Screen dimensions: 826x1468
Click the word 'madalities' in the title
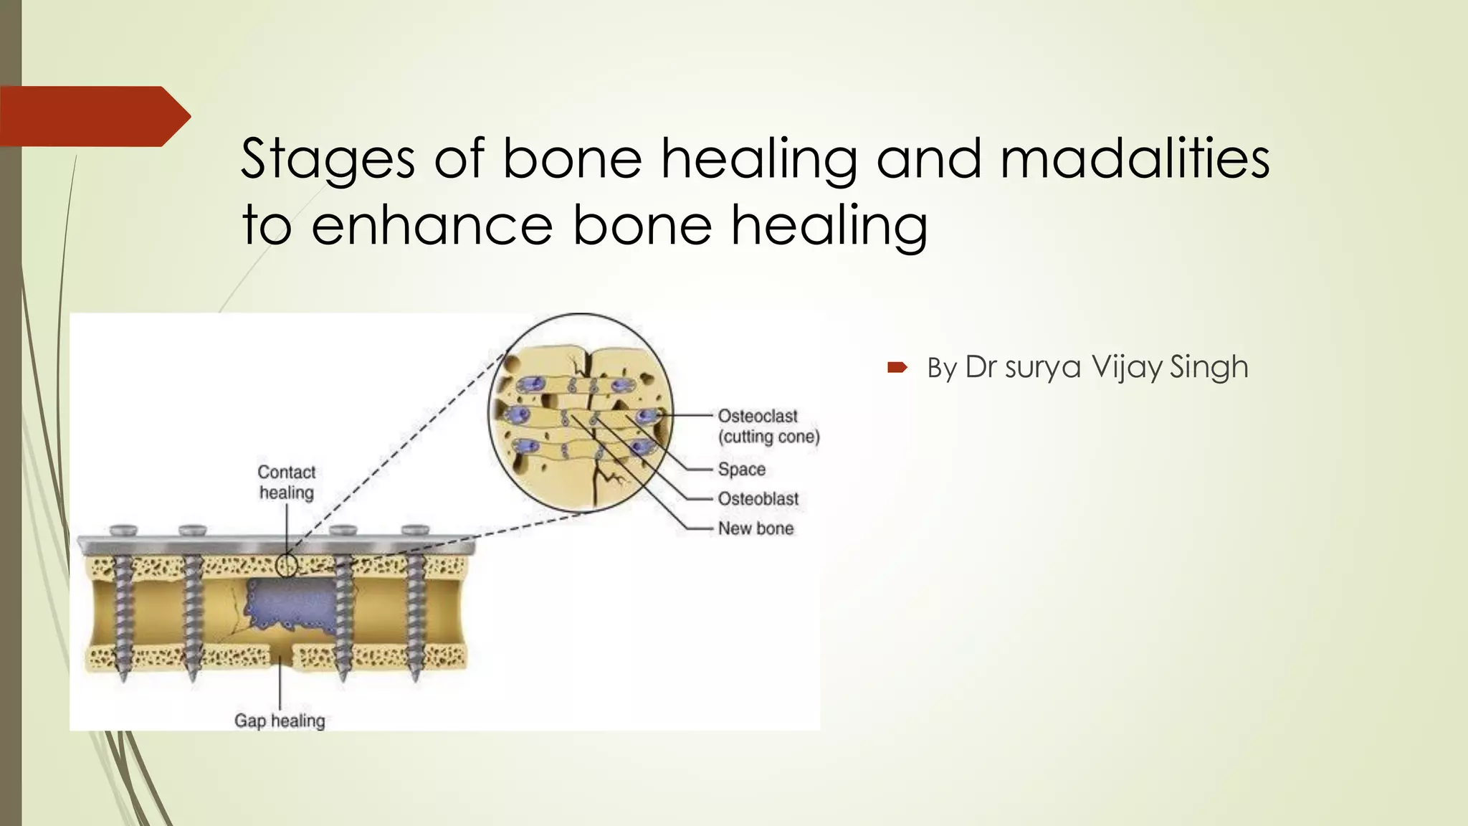[1135, 158]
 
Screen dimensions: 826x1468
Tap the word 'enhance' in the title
[432, 225]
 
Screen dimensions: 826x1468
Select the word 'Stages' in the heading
[328, 158]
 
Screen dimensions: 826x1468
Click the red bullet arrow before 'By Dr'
[897, 368]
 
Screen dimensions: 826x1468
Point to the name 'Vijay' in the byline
[1128, 367]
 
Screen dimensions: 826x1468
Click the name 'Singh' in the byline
[1209, 367]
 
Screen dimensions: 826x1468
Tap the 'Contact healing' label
[287, 483]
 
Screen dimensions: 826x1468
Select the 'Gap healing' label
[280, 721]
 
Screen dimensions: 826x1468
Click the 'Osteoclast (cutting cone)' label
[768, 426]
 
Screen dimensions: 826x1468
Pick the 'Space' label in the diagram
[741, 470]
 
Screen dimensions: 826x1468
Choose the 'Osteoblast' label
[758, 499]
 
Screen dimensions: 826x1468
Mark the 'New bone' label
[756, 528]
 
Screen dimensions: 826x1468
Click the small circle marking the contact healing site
[287, 565]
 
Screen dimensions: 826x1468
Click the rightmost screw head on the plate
[415, 531]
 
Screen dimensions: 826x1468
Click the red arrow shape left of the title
[93, 116]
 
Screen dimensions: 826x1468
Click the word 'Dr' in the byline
[981, 367]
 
